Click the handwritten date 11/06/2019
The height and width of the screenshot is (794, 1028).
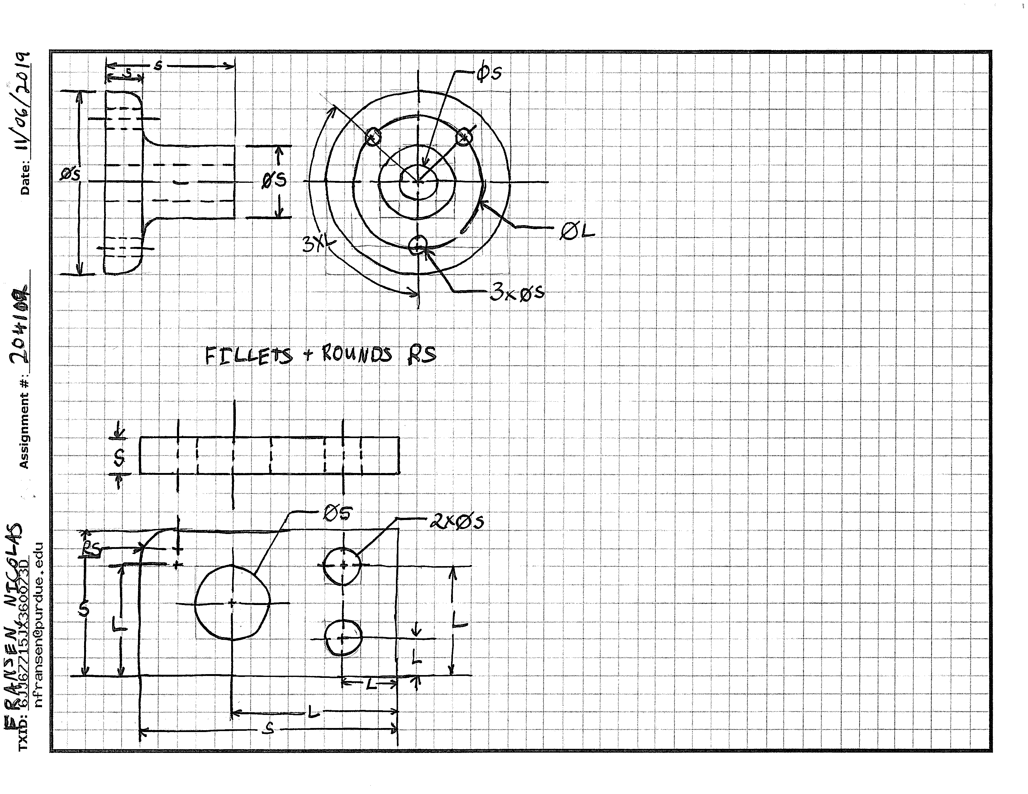pyautogui.click(x=21, y=101)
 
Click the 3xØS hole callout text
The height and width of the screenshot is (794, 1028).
pyautogui.click(x=517, y=293)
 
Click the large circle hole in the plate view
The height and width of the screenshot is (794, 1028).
pyautogui.click(x=232, y=603)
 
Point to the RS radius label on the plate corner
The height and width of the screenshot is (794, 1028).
pyautogui.click(x=90, y=549)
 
